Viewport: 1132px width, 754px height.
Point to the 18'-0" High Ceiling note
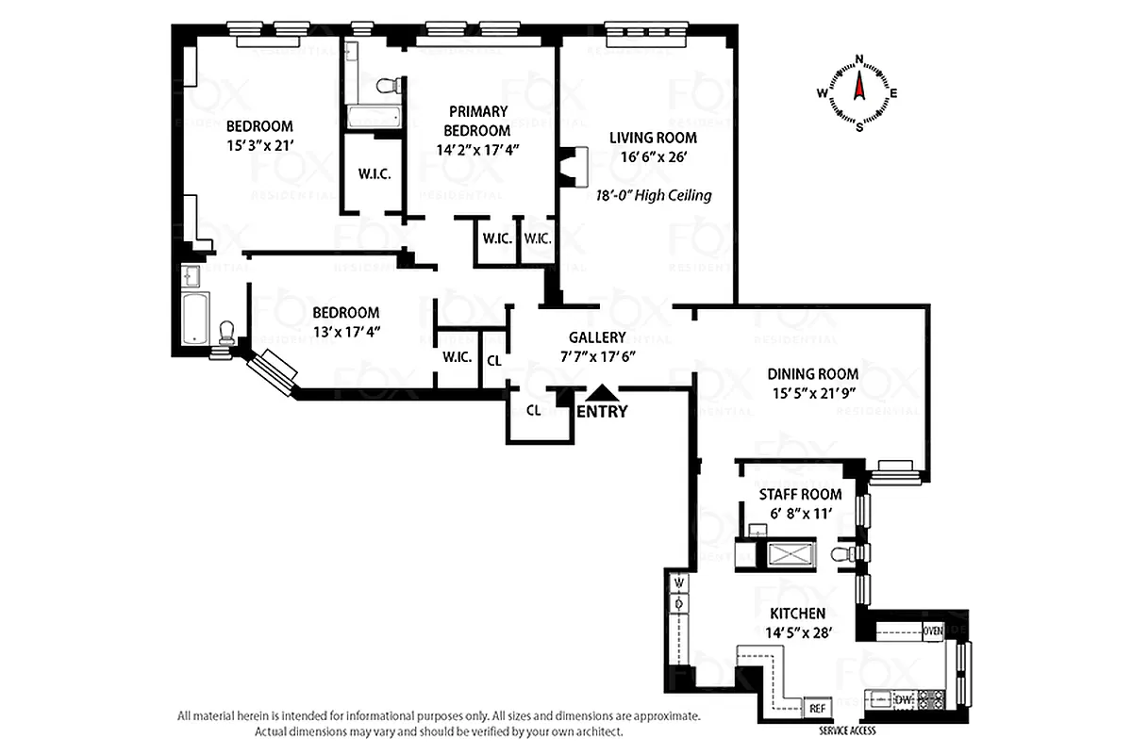(x=654, y=196)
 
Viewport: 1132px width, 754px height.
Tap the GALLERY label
(x=597, y=337)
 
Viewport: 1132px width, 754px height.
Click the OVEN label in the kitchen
(x=932, y=631)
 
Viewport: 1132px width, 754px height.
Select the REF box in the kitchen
(x=815, y=708)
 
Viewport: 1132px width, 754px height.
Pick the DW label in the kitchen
(x=902, y=699)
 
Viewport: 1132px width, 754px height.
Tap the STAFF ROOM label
(x=800, y=494)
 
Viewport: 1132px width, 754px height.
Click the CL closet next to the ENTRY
(x=533, y=410)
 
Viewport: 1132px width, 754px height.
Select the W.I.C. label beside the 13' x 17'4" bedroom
(x=457, y=357)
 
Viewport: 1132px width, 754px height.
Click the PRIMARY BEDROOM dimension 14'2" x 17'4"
(x=478, y=149)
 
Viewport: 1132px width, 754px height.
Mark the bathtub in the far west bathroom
(x=195, y=319)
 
